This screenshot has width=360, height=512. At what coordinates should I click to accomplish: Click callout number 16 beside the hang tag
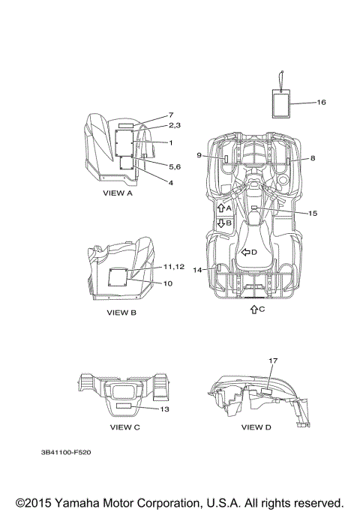(321, 102)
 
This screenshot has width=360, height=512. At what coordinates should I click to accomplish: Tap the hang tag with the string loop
(281, 103)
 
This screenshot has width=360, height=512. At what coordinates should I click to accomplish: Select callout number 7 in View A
(171, 115)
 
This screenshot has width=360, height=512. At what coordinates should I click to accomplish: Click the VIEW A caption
(118, 193)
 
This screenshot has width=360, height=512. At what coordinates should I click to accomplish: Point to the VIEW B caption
(121, 313)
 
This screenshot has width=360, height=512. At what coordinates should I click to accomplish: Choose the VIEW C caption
(124, 427)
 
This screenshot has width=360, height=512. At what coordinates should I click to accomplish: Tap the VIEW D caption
(256, 427)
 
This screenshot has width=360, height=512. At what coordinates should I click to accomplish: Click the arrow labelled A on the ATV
(221, 208)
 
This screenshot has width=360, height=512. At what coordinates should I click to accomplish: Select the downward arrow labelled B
(221, 223)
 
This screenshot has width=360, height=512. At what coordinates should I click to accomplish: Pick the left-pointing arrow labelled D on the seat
(245, 252)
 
